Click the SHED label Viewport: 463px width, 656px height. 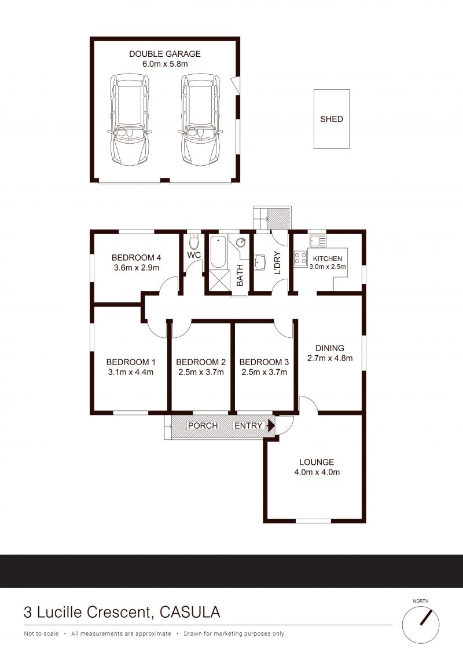[x=332, y=119]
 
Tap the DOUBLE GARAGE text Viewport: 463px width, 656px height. [x=164, y=54]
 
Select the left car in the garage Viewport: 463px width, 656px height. [x=130, y=119]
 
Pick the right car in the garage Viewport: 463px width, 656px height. [x=201, y=119]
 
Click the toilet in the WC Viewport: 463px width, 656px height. [x=194, y=242]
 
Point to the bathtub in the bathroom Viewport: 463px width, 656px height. [x=218, y=252]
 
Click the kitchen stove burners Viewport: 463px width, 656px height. [x=300, y=258]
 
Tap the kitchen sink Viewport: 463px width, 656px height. [x=318, y=241]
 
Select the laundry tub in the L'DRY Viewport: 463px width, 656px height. [x=260, y=263]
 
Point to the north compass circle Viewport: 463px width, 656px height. [x=421, y=625]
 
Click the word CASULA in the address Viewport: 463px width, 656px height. [x=190, y=613]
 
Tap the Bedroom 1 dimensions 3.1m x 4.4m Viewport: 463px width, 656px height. [x=131, y=373]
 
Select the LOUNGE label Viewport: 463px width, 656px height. [x=317, y=462]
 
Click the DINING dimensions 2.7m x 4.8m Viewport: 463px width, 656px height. [x=330, y=358]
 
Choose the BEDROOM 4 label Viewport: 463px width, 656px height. [x=136, y=258]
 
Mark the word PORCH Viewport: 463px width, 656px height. [x=203, y=426]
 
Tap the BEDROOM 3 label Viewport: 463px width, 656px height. [x=264, y=362]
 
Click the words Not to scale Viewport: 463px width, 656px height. [x=41, y=634]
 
